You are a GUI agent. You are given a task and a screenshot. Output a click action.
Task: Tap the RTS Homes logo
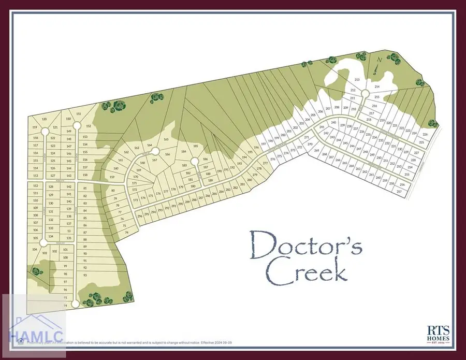pos(438,333)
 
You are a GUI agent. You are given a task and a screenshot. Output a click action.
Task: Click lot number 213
pos(357,79)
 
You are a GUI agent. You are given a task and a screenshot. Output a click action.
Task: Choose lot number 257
pos(399,192)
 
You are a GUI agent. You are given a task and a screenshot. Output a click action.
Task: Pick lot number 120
pos(45,119)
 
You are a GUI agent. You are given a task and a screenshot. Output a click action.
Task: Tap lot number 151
pos(79,114)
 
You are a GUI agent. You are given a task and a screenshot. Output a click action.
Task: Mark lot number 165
pos(166,139)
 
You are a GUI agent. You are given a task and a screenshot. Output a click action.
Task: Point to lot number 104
pos(35,249)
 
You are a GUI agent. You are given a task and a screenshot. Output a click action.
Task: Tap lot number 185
pos(196,147)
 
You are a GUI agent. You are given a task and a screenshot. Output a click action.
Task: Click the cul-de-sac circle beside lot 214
pos(365,93)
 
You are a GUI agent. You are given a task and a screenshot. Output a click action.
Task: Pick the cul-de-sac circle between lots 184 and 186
pos(194,161)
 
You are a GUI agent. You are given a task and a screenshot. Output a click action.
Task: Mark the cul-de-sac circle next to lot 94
pos(75,304)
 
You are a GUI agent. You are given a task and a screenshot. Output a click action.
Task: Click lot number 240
pos(334,123)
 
